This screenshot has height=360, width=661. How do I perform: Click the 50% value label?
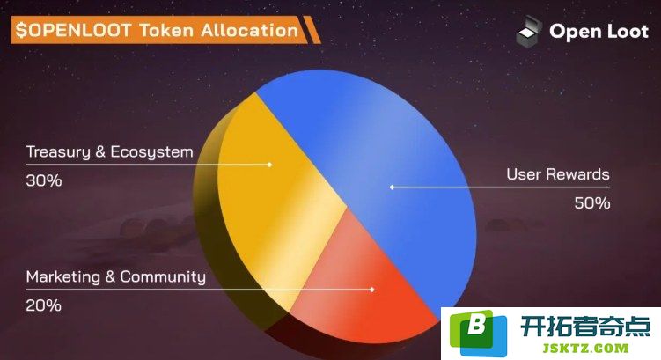pyautogui.click(x=591, y=203)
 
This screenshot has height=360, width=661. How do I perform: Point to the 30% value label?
pyautogui.click(x=44, y=180)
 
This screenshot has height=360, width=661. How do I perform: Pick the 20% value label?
pyautogui.click(x=43, y=305)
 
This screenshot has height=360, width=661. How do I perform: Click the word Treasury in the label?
pyautogui.click(x=58, y=152)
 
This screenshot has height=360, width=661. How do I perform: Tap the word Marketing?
pyautogui.click(x=63, y=277)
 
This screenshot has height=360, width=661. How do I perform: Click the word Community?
pyautogui.click(x=163, y=277)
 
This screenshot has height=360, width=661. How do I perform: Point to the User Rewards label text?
pyautogui.click(x=558, y=174)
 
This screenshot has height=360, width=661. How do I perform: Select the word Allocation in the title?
pyautogui.click(x=249, y=30)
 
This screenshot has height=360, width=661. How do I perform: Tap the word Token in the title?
pyautogui.click(x=166, y=30)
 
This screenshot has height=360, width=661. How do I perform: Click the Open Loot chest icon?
pyautogui.click(x=529, y=30)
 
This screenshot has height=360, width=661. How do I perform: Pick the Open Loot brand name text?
pyautogui.click(x=599, y=31)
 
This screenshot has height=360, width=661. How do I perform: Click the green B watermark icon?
pyautogui.click(x=478, y=333)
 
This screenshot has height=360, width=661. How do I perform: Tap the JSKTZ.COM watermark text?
pyautogui.click(x=585, y=349)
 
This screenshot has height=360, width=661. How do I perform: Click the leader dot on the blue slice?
pyautogui.click(x=392, y=187)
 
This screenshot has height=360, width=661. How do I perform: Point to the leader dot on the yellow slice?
pyautogui.click(x=269, y=165)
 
